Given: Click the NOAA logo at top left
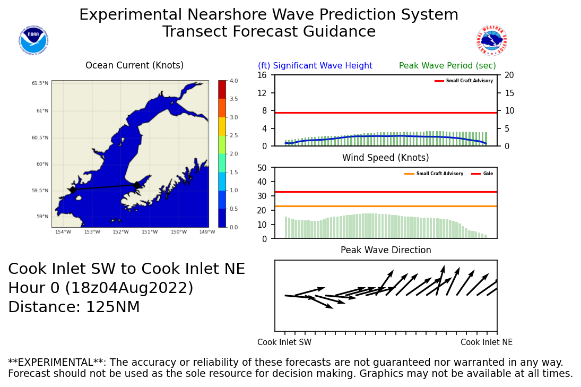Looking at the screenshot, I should (33, 40).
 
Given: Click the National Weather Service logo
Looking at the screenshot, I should (491, 40).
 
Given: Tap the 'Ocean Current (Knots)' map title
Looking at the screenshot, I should (134, 66).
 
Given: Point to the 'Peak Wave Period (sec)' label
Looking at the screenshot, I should (447, 66).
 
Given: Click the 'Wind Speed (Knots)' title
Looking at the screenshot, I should (385, 158).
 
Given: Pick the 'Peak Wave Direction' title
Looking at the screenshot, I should (385, 250).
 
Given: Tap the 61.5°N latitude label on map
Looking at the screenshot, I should (40, 83).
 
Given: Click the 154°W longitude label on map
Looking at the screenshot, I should (63, 231).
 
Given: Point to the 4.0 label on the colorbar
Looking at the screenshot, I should (233, 81).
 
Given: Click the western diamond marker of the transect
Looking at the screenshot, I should (73, 190).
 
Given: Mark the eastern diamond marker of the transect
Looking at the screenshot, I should (137, 185).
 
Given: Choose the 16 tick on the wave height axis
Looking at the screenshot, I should (262, 75).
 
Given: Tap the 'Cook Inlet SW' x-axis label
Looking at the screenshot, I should (284, 342).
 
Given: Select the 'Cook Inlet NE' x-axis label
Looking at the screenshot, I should (487, 342).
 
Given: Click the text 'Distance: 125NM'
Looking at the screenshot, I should (74, 307).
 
